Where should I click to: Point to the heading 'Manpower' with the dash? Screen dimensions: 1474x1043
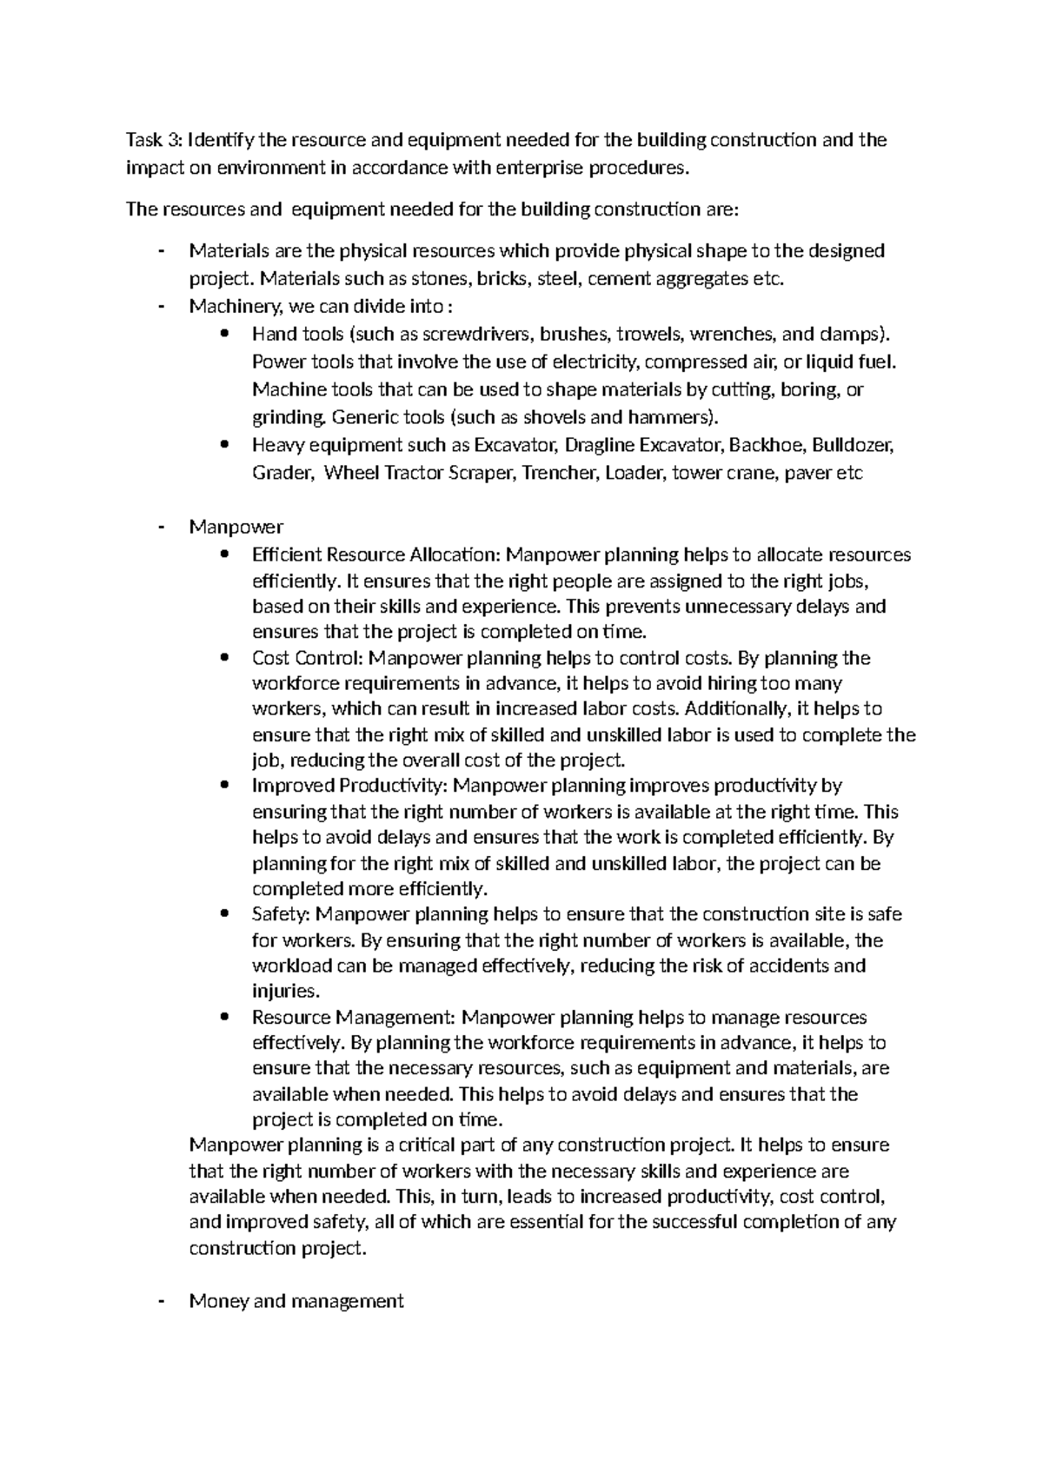[x=236, y=527]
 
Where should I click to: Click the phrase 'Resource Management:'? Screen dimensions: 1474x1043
[x=353, y=1017]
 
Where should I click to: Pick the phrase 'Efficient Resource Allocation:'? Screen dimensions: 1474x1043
[x=376, y=554]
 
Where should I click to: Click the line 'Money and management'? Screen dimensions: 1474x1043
[x=296, y=1301]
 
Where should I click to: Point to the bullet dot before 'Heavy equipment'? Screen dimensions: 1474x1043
[x=226, y=445]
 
